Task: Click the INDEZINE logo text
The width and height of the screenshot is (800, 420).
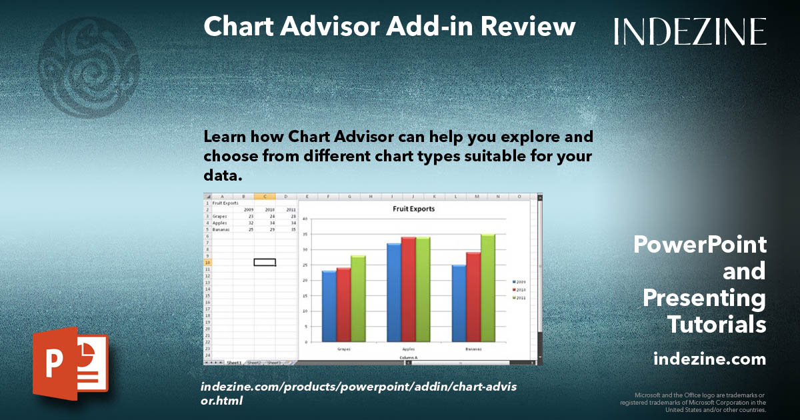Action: [690, 31]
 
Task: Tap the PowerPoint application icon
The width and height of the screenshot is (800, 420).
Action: [70, 363]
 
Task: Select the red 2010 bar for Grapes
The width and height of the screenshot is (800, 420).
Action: [343, 305]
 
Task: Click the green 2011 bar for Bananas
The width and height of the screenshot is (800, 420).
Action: [487, 288]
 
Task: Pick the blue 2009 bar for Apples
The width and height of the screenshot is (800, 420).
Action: [393, 293]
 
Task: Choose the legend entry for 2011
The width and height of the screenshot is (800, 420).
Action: [519, 298]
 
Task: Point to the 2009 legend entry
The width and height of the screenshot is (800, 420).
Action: [519, 282]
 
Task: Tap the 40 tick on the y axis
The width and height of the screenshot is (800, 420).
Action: [303, 219]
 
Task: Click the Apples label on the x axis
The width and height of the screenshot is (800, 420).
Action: [408, 349]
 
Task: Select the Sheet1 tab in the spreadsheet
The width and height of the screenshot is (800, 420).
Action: [234, 363]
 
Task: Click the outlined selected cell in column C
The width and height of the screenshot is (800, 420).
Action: [265, 262]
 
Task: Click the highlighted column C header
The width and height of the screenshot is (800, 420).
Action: [265, 197]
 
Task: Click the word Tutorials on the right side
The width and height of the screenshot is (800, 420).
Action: [716, 325]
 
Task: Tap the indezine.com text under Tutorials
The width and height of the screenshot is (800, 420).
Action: [709, 359]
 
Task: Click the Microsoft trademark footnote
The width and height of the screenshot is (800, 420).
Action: [693, 403]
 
